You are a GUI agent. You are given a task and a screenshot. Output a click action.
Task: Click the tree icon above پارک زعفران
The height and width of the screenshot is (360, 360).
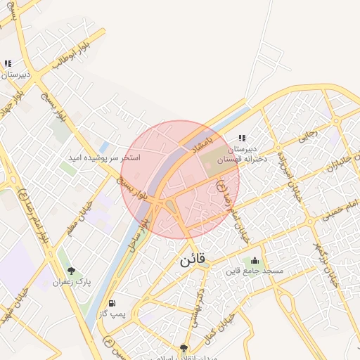coord(71,271)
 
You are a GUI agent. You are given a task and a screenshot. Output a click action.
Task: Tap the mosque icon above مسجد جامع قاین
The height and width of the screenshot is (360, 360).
coord(254,261)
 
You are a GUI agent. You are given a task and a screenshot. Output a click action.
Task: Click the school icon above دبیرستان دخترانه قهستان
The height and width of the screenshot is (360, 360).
coord(242,139)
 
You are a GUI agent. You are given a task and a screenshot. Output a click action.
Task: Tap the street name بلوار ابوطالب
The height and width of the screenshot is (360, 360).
coord(70,55)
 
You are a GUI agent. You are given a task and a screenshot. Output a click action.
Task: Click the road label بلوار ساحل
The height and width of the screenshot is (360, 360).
coord(143,224)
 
